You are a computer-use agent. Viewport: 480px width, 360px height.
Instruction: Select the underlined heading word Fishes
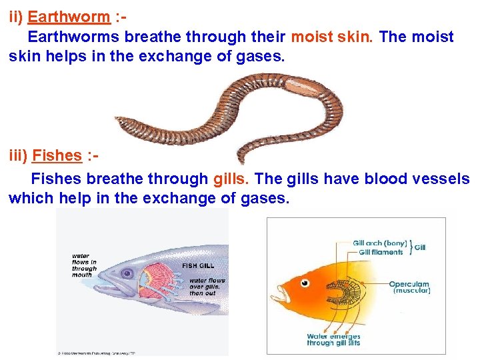[57, 155]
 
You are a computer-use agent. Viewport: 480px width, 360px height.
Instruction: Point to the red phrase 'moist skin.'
[332, 37]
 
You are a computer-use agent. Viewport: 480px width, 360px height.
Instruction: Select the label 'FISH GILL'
[199, 265]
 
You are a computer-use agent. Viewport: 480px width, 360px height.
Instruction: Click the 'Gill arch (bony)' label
[379, 243]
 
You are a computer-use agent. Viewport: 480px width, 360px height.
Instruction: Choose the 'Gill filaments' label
[381, 252]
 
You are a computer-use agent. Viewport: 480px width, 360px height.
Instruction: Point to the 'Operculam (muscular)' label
[410, 287]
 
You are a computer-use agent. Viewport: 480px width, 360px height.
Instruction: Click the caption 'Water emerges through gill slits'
[333, 339]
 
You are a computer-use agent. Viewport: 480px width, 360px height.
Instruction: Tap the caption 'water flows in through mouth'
[84, 265]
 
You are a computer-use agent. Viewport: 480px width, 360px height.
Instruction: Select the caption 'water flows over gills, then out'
[207, 287]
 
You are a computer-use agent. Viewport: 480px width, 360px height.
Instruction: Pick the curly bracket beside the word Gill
[410, 247]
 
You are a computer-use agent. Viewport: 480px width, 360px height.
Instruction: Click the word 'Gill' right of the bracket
[420, 247]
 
